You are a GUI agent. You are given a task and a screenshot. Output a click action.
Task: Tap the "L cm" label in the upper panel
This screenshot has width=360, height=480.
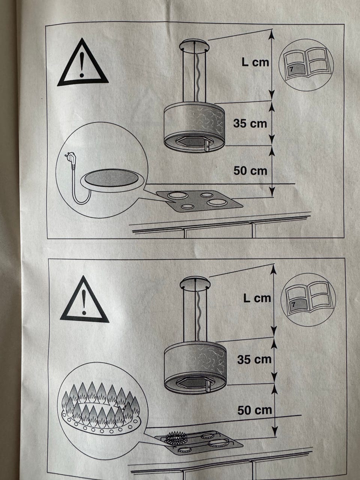pyautogui.click(x=255, y=62)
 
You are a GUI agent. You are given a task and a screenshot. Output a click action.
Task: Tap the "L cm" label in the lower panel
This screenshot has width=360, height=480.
pyautogui.click(x=257, y=298)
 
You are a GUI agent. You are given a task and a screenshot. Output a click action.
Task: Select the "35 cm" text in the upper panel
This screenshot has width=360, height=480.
pyautogui.click(x=250, y=123)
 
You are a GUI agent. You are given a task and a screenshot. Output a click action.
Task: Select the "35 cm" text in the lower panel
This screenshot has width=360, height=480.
pyautogui.click(x=254, y=360)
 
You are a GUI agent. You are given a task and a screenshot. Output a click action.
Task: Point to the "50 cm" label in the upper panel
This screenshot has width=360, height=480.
pyautogui.click(x=250, y=171)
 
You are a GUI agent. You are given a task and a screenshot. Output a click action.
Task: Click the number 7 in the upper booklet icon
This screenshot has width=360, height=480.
pyautogui.click(x=291, y=69)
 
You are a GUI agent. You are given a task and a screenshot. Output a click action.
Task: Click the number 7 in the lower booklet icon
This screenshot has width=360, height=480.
pyautogui.click(x=293, y=304)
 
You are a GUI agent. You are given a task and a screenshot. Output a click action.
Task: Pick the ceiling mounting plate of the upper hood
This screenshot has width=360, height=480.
pyautogui.click(x=194, y=45)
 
